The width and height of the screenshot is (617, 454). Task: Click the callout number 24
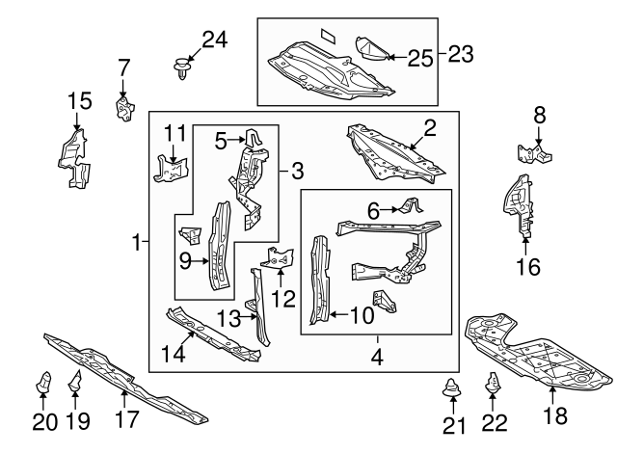214,40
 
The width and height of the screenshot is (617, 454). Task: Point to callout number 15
79,99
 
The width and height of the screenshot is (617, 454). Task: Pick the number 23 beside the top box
461,54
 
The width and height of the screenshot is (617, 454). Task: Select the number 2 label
430,126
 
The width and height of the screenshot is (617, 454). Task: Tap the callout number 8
540,115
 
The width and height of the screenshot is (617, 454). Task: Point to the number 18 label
556,416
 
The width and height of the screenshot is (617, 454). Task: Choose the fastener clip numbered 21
451,390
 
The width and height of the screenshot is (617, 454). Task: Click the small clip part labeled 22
491,383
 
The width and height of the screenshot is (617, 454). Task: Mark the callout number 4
377,357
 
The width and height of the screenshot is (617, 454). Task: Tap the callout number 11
174,131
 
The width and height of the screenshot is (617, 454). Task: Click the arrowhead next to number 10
325,313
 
